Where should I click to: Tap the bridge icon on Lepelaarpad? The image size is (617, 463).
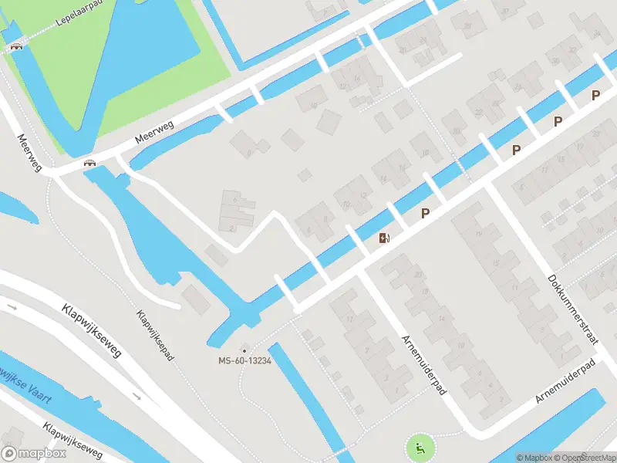15,47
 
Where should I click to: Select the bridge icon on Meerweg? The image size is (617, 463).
90,163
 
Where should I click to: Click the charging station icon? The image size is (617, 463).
384,238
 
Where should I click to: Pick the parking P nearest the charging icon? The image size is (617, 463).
425,212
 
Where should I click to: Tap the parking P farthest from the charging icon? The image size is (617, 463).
595,95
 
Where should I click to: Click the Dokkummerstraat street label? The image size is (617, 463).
572,311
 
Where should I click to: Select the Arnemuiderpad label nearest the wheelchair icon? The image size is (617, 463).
424,365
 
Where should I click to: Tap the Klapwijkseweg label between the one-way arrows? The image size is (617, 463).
91,330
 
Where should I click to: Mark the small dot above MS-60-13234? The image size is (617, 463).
244,350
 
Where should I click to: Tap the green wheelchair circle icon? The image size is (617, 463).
418,446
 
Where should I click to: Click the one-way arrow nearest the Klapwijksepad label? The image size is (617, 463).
137,397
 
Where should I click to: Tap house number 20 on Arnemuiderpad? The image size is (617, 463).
419,275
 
